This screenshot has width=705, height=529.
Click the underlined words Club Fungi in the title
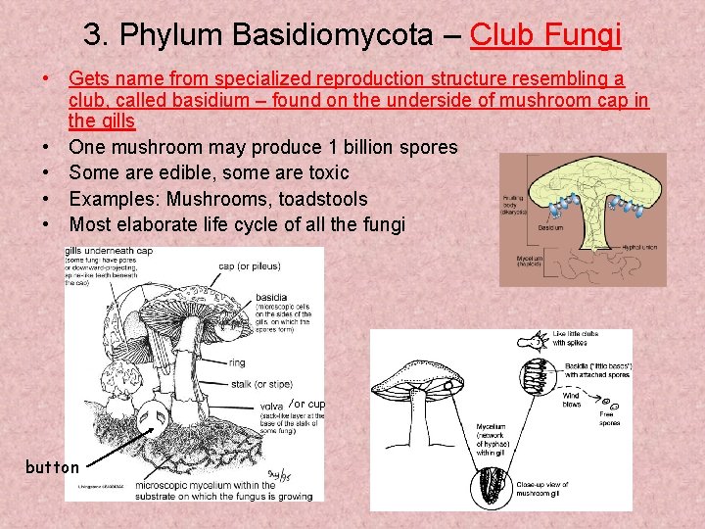(545, 36)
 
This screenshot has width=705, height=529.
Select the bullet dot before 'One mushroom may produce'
(46, 147)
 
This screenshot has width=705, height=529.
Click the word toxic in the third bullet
(324, 172)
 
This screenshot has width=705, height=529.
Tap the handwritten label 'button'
(52, 467)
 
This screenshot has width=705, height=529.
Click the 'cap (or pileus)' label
(250, 265)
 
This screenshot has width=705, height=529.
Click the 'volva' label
(271, 406)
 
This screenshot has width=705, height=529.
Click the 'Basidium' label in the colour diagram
(551, 227)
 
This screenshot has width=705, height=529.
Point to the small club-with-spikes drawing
(534, 342)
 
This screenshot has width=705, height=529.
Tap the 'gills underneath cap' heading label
(109, 252)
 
